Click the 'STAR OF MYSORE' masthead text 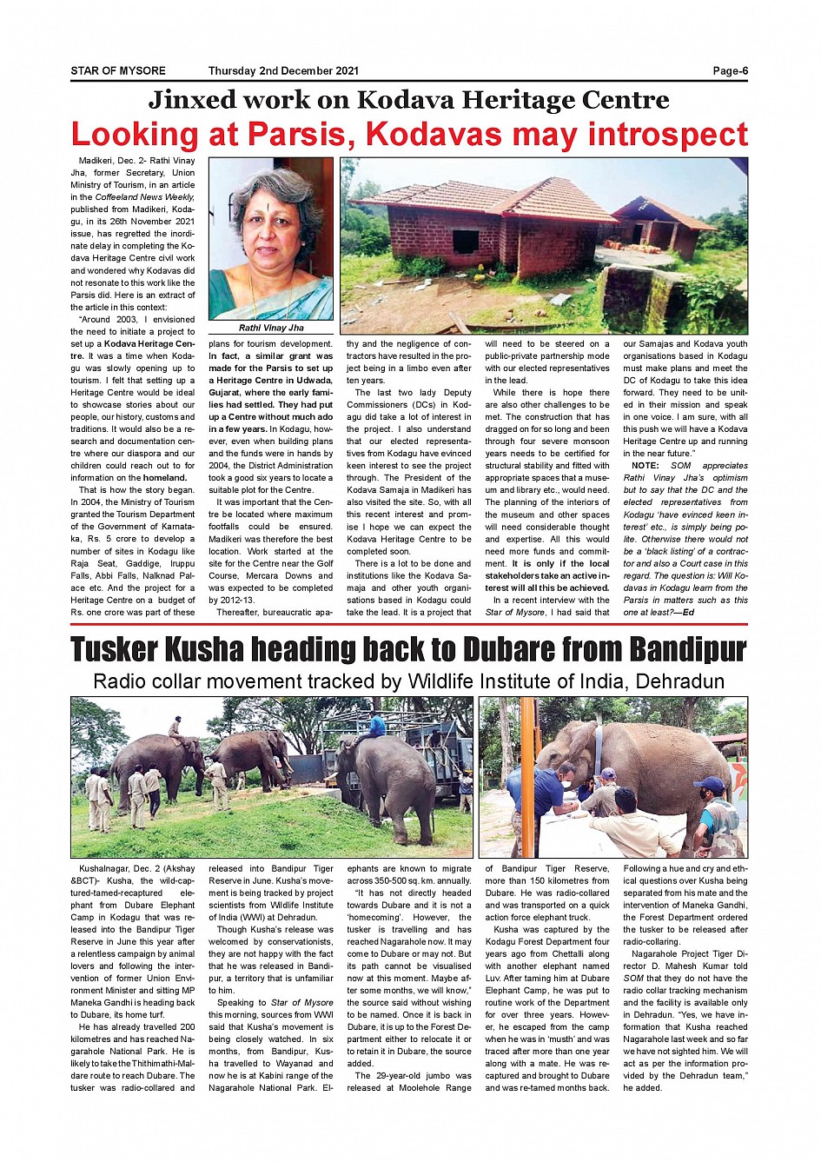point(118,71)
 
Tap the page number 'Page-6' point(730,71)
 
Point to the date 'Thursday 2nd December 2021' point(283,71)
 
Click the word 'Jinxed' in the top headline point(192,100)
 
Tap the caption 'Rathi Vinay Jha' point(271,329)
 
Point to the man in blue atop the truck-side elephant point(375,724)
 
